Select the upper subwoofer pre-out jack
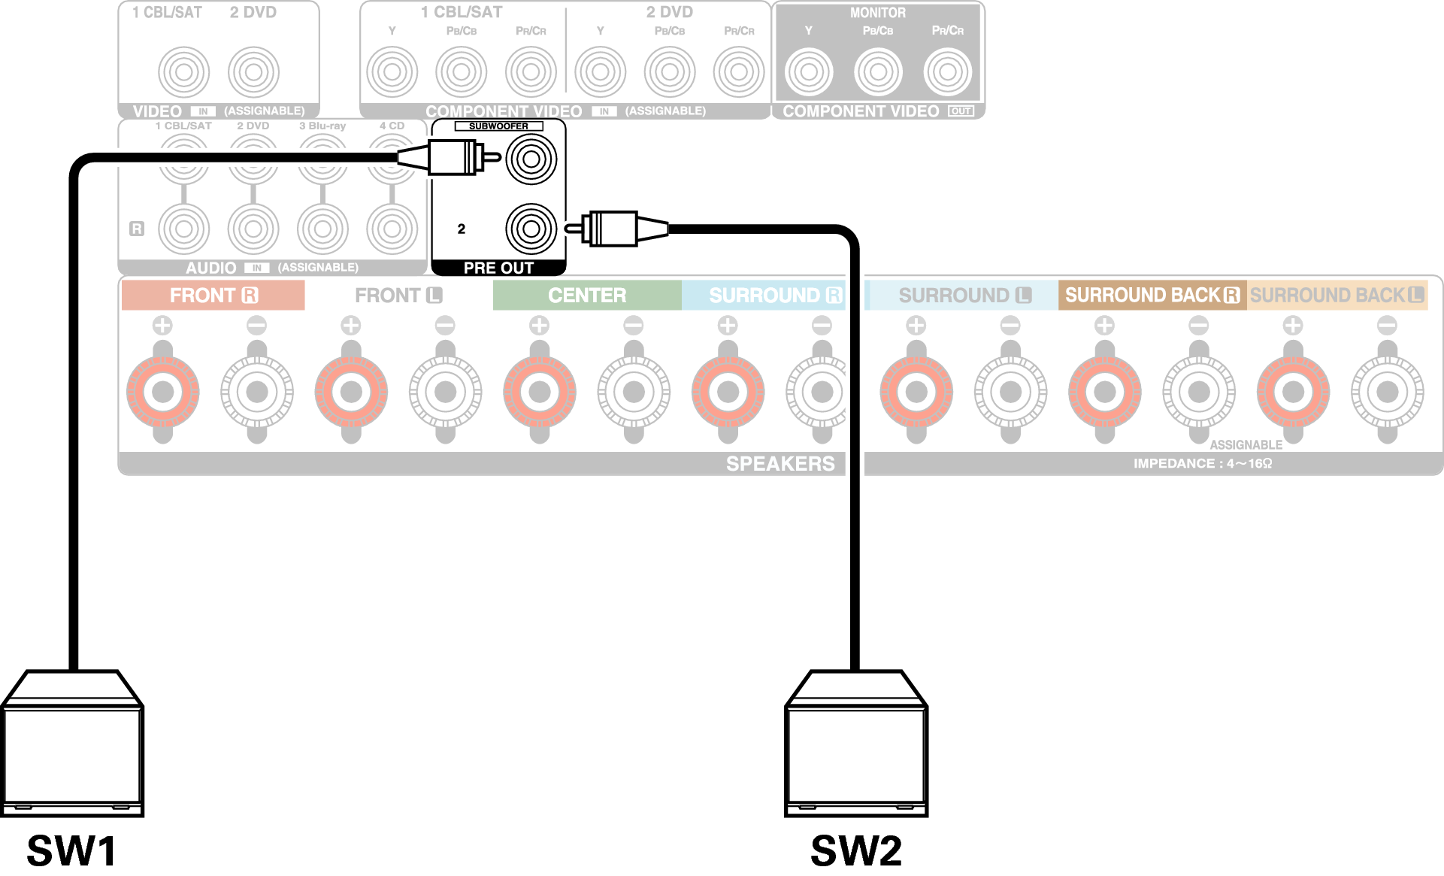coord(531,159)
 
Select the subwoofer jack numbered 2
coord(531,229)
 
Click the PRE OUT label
coord(498,268)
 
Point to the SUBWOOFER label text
coord(498,126)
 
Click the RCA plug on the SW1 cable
coord(451,158)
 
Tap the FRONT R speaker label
coord(213,296)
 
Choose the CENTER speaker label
coord(587,296)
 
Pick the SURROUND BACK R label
coord(1152,296)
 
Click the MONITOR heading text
coord(877,13)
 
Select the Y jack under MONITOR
coord(809,72)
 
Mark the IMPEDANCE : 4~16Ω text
coord(1203,463)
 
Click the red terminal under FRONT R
coord(163,392)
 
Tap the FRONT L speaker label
coord(398,296)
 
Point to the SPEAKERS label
coord(780,463)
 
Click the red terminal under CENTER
coord(540,392)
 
